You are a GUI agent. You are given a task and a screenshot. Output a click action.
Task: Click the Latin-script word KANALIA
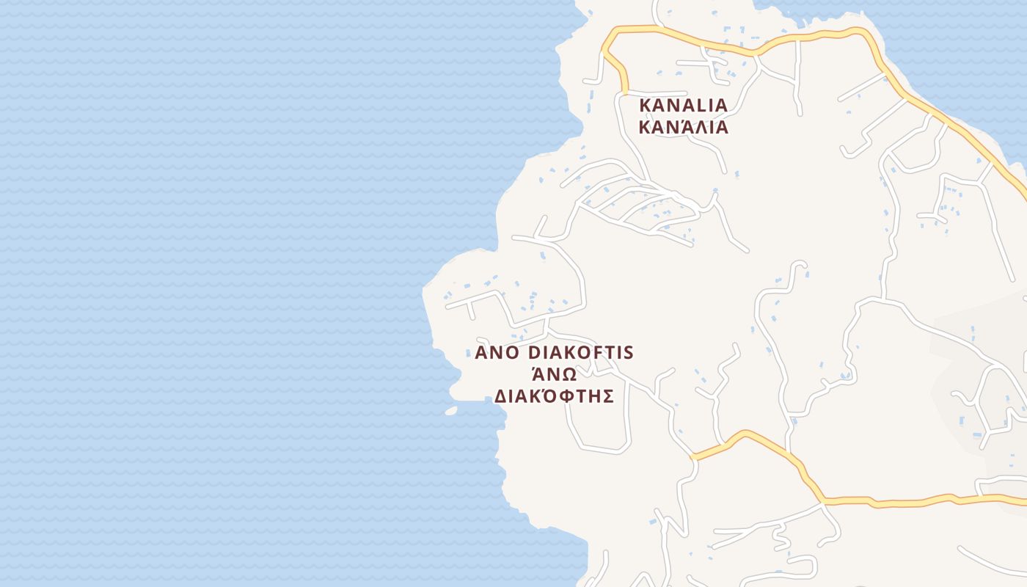coord(683,106)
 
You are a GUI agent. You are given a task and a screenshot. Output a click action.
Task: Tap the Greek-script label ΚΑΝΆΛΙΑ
coord(683,128)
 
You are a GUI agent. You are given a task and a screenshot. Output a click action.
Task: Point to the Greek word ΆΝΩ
coord(554,373)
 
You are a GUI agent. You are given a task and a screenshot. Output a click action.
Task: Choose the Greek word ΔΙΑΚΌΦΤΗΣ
coord(554,397)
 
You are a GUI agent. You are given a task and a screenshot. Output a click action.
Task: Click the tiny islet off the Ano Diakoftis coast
coord(451,411)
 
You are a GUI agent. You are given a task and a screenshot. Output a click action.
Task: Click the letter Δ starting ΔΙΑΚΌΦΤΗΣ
coord(500,397)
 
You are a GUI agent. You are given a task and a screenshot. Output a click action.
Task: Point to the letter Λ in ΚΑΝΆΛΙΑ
coord(699,128)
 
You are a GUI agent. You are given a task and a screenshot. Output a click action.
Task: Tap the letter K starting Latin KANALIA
coord(645,106)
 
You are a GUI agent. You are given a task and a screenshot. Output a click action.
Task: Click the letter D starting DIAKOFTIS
coord(535,353)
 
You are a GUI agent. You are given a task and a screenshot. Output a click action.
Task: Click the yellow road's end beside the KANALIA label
coord(624,92)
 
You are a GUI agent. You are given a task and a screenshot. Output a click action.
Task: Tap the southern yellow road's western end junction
coord(693,457)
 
